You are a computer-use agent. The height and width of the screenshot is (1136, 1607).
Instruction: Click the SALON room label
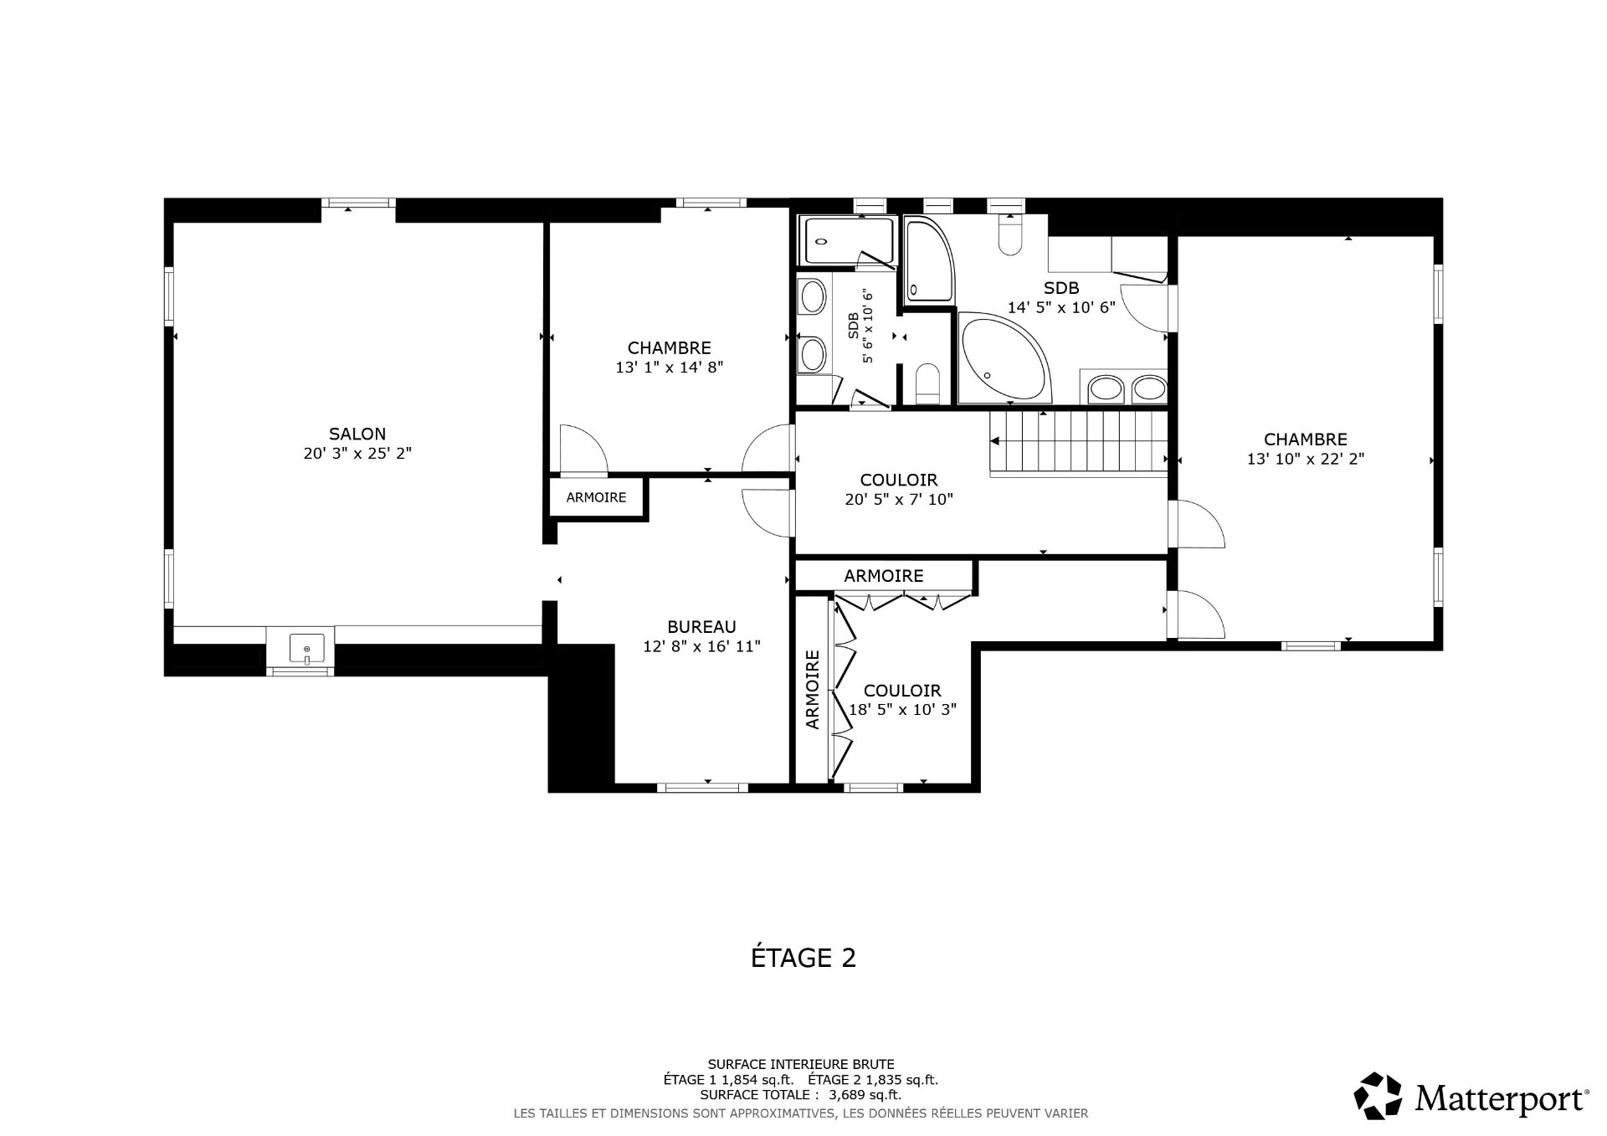click(x=357, y=434)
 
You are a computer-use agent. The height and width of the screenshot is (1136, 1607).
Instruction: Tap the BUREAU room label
click(x=701, y=626)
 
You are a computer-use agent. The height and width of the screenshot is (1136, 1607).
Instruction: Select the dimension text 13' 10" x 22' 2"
click(x=1305, y=459)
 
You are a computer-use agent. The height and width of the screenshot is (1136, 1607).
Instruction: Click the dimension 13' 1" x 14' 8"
click(x=669, y=367)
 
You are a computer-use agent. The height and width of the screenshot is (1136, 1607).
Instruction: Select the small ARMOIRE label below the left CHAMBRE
click(x=596, y=497)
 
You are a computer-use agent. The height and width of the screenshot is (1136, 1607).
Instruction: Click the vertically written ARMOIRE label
click(x=812, y=690)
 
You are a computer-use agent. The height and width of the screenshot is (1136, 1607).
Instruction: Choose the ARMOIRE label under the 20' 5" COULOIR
click(x=883, y=576)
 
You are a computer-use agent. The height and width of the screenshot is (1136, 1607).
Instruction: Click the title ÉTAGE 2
click(x=803, y=958)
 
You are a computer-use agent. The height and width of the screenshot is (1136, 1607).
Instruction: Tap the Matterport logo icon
click(x=1378, y=1095)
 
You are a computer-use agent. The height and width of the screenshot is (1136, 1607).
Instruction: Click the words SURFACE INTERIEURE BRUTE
click(x=801, y=1064)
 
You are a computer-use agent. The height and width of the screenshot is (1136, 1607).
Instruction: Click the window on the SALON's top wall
click(x=358, y=203)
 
